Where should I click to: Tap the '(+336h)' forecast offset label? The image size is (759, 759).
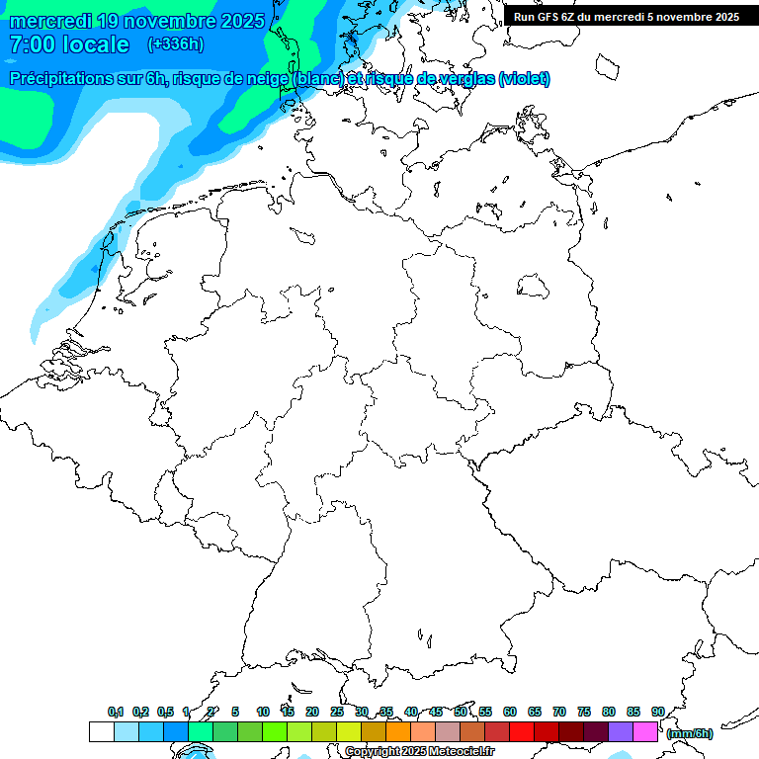pyautogui.click(x=175, y=44)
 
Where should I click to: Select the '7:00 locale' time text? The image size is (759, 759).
pyautogui.click(x=69, y=44)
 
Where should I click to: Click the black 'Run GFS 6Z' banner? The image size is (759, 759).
pyautogui.click(x=627, y=16)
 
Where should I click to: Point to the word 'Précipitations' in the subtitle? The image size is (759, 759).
pyautogui.click(x=69, y=79)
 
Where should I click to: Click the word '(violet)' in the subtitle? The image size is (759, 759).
pyautogui.click(x=525, y=79)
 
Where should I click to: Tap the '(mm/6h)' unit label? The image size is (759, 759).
pyautogui.click(x=690, y=733)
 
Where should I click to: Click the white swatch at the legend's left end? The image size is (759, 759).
pyautogui.click(x=101, y=731)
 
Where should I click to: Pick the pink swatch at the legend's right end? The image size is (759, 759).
pyautogui.click(x=645, y=731)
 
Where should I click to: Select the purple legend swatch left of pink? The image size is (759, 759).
pyautogui.click(x=621, y=731)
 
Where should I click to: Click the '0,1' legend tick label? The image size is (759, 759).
pyautogui.click(x=115, y=712)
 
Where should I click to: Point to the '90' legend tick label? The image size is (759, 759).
pyautogui.click(x=657, y=712)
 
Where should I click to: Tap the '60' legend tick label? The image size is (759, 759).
pyautogui.click(x=510, y=712)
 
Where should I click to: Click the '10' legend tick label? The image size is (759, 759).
pyautogui.click(x=263, y=712)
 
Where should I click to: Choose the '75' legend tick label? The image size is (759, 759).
pyautogui.click(x=584, y=712)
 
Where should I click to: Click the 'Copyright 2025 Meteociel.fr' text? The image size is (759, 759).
pyautogui.click(x=419, y=752)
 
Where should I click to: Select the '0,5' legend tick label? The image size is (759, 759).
pyautogui.click(x=164, y=712)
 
